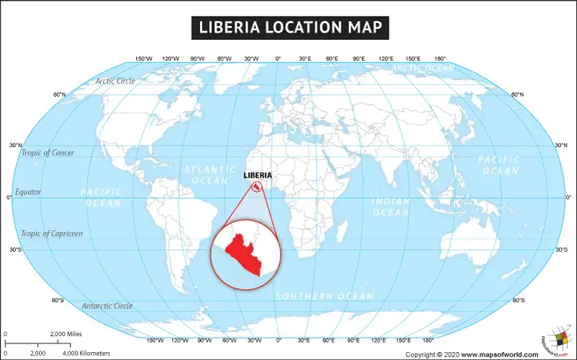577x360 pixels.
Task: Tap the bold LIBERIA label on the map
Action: pyautogui.click(x=257, y=175)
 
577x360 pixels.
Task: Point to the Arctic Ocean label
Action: pyautogui.click(x=423, y=68)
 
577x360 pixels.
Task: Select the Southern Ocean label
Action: pyautogui.click(x=325, y=296)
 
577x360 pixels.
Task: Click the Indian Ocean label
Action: pyautogui.click(x=390, y=206)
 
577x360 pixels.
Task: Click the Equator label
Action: pyautogui.click(x=28, y=193)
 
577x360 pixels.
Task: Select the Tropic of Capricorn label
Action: pyautogui.click(x=52, y=234)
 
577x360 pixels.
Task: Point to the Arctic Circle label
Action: pyautogui.click(x=115, y=81)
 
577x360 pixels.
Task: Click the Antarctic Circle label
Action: pyautogui.click(x=107, y=306)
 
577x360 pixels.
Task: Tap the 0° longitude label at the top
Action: pyautogui.click(x=278, y=58)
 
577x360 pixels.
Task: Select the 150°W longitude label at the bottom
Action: pyautogui.click(x=155, y=340)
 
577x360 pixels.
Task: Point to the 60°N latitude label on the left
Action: pyautogui.click(x=59, y=95)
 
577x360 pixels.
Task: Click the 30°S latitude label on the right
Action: pyautogui.click(x=561, y=250)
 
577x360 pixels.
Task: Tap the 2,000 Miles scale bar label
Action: pyautogui.click(x=65, y=335)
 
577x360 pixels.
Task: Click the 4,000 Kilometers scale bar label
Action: pyautogui.click(x=86, y=354)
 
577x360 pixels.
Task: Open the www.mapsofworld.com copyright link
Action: pyautogui.click(x=500, y=354)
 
